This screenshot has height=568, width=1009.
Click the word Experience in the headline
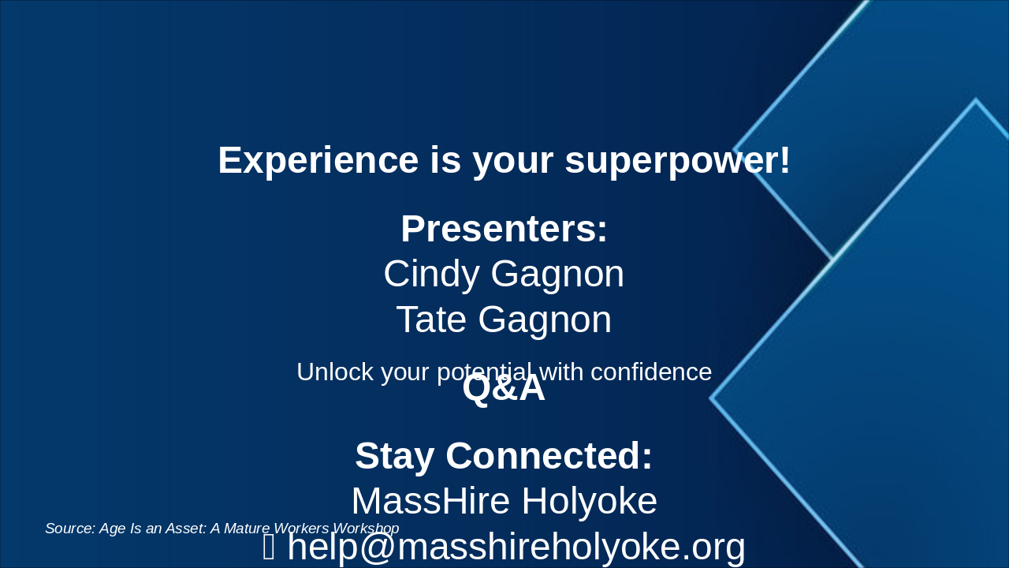[318, 160]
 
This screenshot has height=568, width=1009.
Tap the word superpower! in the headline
[678, 160]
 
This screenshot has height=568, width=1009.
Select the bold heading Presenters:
[504, 229]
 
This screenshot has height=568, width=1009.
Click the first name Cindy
[431, 275]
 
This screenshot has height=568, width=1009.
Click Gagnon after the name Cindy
[557, 275]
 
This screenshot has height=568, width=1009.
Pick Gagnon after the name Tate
[545, 320]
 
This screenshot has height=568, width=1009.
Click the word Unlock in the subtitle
[335, 372]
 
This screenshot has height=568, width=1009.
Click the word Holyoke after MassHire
[588, 502]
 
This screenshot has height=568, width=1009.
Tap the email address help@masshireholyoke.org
[516, 547]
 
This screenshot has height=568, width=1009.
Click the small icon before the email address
[269, 547]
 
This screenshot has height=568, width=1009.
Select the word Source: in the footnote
[70, 529]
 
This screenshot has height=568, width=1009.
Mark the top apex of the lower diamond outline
[975, 100]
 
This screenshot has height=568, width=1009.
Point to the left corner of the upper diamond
[735, 150]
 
